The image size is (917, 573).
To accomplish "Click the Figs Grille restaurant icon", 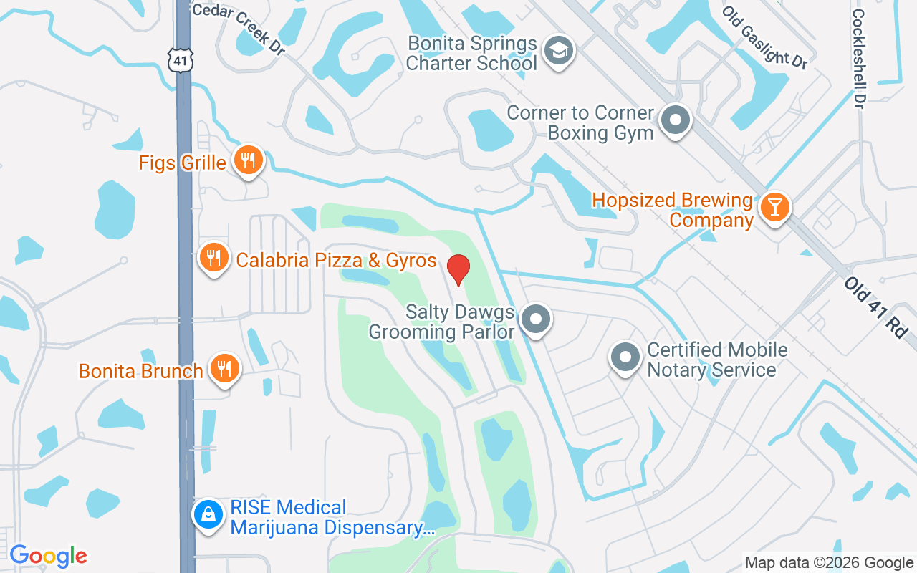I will [x=248, y=160].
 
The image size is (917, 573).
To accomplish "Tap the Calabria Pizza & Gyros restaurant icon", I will [x=213, y=258].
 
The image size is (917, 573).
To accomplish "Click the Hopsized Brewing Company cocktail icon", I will [x=774, y=207].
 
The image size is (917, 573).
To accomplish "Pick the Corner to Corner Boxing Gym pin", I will [x=675, y=120].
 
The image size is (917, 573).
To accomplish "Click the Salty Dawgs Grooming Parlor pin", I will [x=535, y=319].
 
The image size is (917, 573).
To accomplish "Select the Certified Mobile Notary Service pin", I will [x=625, y=357].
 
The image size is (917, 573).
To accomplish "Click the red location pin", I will [x=458, y=269].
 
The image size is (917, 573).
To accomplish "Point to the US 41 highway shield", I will [x=182, y=61].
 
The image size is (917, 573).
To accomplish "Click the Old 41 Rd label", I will [x=875, y=308].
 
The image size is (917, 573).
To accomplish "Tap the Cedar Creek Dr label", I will [x=239, y=28].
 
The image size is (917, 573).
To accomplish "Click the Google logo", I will [x=48, y=556].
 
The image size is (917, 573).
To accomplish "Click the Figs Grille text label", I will [x=183, y=163].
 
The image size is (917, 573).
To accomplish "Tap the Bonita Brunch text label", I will [x=141, y=372].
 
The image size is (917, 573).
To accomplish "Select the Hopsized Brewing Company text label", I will [x=673, y=210].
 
